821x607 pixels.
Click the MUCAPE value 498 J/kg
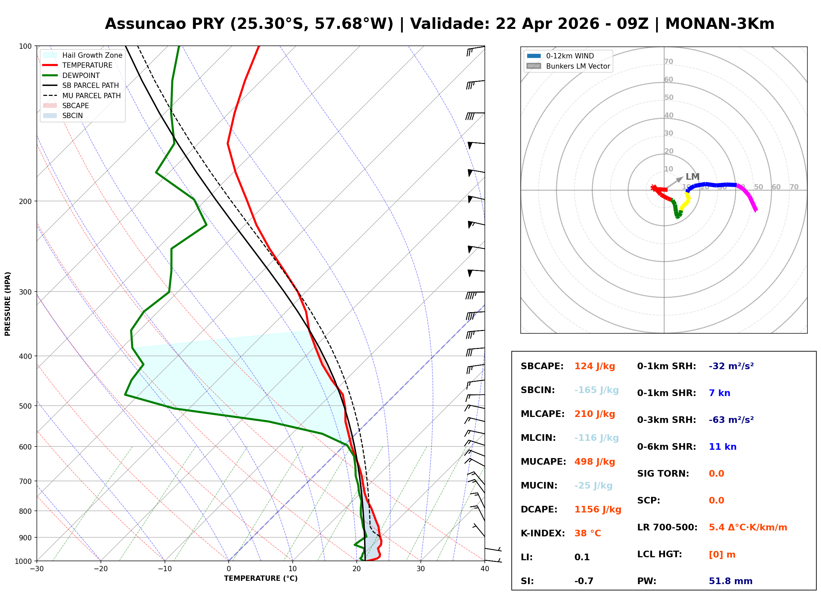point(594,461)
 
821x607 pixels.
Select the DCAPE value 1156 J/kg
point(598,509)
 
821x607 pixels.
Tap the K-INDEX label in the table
point(543,533)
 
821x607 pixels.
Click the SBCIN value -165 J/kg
point(596,390)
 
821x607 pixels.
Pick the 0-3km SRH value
point(731,420)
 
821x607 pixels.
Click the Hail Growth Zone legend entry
point(92,55)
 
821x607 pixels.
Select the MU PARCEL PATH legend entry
point(91,96)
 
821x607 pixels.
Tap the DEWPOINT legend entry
point(81,75)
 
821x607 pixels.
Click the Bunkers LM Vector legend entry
point(577,66)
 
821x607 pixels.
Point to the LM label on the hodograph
point(692,177)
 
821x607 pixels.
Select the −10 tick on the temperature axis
point(164,569)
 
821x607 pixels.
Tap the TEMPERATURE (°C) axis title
point(261,578)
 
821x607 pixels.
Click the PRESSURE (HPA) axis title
point(7,303)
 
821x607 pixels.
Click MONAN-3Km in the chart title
point(719,24)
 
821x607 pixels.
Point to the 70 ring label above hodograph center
point(668,61)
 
